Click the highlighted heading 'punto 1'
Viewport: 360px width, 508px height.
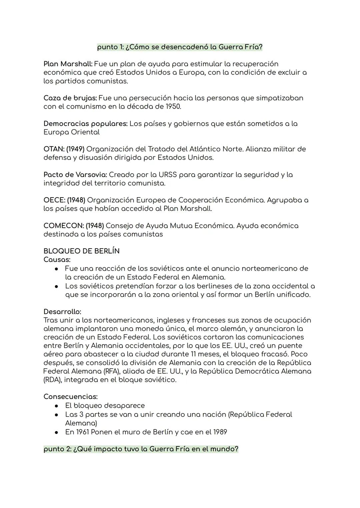[x=180, y=47]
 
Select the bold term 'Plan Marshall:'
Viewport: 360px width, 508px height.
[x=68, y=64]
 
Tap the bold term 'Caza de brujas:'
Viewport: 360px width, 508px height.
[x=70, y=98]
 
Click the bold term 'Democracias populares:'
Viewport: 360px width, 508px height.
[x=85, y=124]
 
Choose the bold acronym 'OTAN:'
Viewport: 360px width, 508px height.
[x=54, y=149]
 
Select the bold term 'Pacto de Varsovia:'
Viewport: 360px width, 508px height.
[x=75, y=175]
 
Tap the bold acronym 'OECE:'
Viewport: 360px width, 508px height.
[x=54, y=200]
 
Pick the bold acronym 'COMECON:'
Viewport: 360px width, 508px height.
[x=63, y=226]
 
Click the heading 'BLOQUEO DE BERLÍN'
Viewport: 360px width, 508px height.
[x=81, y=251]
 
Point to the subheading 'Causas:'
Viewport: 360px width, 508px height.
[x=57, y=259]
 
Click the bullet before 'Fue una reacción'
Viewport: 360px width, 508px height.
[x=57, y=268]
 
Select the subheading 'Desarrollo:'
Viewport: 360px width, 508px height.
[x=62, y=312]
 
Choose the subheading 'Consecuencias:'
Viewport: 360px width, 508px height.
[x=70, y=397]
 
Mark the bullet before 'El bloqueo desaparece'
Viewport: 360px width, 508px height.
[x=57, y=406]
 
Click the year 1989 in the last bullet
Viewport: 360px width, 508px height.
[x=220, y=432]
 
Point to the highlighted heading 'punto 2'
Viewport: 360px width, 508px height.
[x=141, y=449]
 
